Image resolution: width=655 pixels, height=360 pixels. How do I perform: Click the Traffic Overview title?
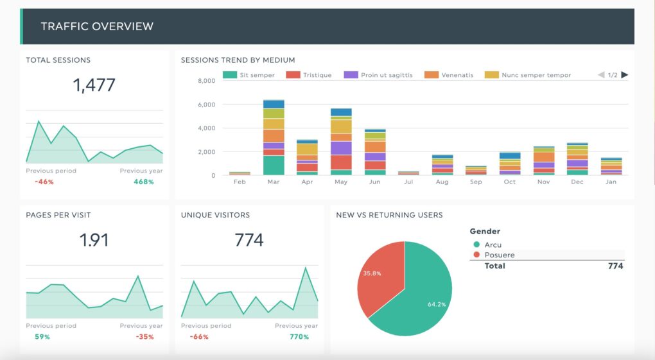point(97,26)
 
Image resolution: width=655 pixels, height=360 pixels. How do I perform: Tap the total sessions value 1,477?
point(94,85)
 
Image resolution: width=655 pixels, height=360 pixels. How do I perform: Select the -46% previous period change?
point(44,182)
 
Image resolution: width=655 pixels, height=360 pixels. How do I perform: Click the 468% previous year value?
point(144,182)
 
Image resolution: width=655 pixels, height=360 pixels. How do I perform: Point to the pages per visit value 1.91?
point(94,240)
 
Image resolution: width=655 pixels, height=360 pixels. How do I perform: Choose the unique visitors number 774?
point(249,240)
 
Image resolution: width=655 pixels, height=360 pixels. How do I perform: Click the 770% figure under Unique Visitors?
point(299,337)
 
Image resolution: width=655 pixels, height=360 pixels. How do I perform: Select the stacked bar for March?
point(274,137)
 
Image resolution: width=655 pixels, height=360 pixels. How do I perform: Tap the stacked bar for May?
point(341,141)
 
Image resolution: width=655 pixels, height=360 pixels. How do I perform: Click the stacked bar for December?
point(577,159)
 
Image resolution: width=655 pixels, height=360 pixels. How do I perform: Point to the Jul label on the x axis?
point(408,182)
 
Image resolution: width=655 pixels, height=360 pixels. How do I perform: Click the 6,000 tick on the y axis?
point(206,105)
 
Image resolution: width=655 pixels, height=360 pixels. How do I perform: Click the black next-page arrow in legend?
point(625,75)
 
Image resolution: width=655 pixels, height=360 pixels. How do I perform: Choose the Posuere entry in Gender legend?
point(499,255)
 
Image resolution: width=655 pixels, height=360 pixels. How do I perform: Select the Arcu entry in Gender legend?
point(493,244)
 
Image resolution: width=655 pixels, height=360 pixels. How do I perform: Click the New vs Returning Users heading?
point(389,215)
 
